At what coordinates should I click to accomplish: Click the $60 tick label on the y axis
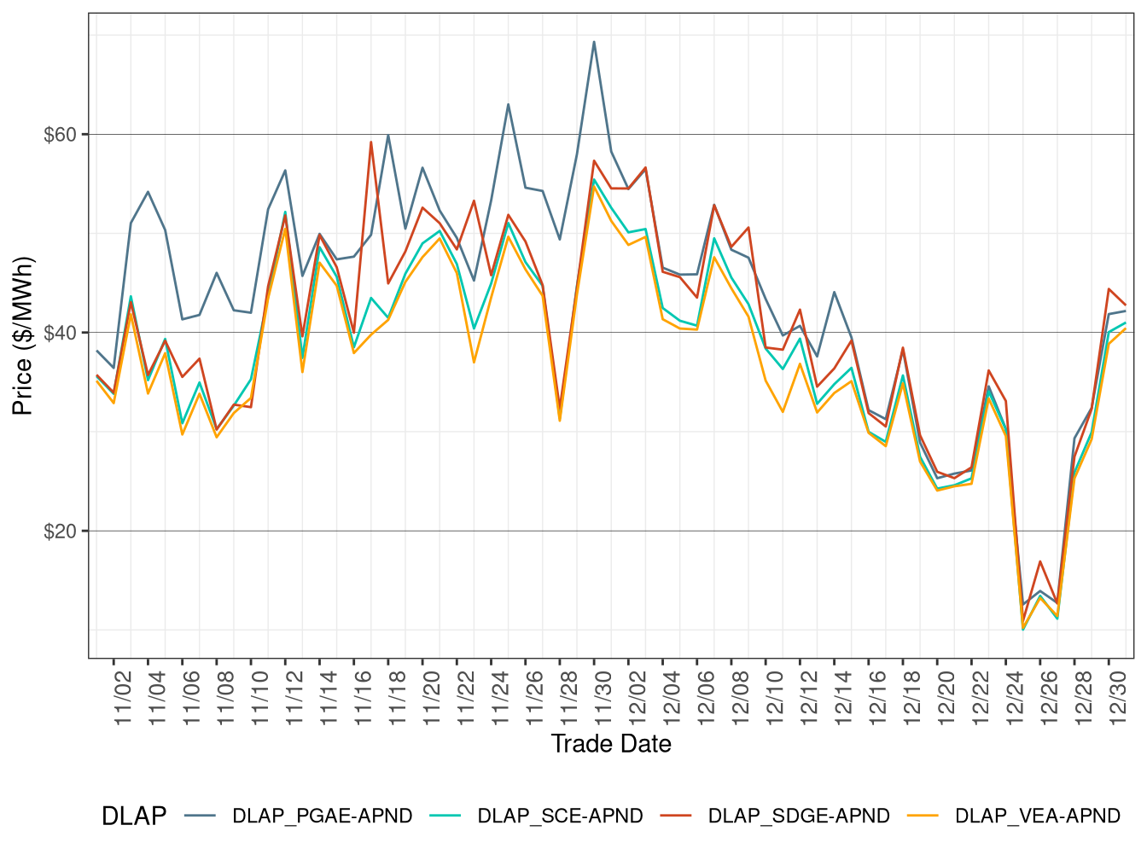60,135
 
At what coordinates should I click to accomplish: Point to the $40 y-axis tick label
60,333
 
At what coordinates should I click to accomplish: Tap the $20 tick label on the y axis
60,531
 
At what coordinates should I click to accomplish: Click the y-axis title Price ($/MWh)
23,336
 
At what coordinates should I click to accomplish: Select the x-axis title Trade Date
611,744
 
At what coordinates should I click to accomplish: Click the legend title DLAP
133,816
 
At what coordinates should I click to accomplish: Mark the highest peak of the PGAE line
594,42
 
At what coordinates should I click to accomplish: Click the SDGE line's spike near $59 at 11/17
370,142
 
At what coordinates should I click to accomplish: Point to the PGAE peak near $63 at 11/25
508,105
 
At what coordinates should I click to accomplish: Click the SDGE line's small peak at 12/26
1039,561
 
